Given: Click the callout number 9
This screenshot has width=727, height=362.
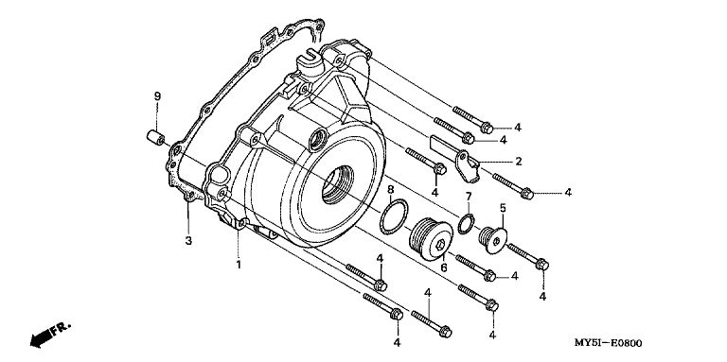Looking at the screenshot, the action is [x=157, y=96].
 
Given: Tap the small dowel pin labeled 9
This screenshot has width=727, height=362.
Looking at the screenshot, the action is [x=156, y=137].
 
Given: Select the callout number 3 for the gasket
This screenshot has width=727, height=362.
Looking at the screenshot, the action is [x=188, y=241].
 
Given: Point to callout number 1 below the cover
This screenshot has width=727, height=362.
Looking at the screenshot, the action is [x=239, y=265].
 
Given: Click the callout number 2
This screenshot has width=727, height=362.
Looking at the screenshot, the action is [x=519, y=161].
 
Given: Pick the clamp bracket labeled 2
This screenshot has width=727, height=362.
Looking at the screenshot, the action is [x=457, y=160].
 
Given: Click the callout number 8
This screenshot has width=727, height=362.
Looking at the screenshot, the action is [x=390, y=189].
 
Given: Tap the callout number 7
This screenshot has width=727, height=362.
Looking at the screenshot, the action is [x=469, y=196].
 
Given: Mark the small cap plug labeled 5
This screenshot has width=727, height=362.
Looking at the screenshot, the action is [x=493, y=239].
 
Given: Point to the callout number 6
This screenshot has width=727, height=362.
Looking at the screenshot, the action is [x=444, y=267].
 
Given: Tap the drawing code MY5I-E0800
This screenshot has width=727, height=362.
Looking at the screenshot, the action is [x=609, y=343].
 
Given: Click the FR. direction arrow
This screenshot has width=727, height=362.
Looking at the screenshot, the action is [x=50, y=334].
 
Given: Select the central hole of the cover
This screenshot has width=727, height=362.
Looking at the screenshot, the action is [x=338, y=183].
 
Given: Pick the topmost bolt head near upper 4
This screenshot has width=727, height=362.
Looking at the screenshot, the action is [x=487, y=128].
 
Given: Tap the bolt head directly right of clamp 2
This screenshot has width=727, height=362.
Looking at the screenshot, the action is [x=526, y=194].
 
